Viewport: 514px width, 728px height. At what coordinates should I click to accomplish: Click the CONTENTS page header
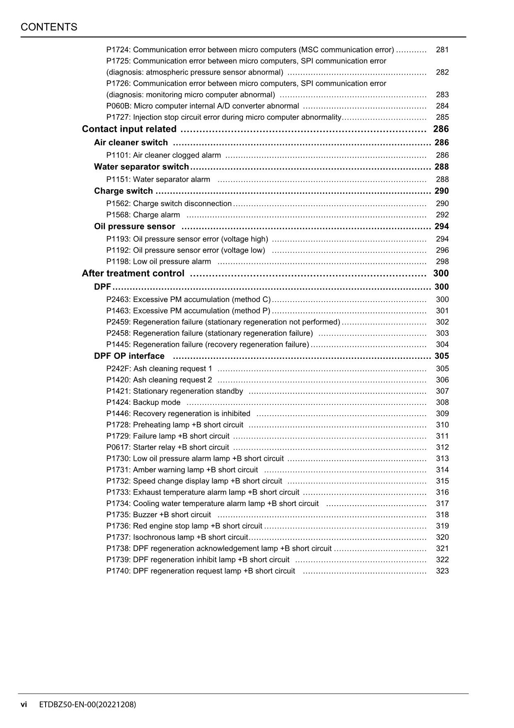(x=49, y=27)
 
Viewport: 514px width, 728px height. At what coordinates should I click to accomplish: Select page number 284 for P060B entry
(x=442, y=106)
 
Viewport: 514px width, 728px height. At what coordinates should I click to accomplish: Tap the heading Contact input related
(x=129, y=129)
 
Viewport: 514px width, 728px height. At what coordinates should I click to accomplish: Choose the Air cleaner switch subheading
(x=131, y=143)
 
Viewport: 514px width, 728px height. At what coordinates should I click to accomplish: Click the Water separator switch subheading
(x=141, y=167)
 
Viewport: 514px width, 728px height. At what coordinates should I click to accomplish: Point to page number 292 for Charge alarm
(x=442, y=215)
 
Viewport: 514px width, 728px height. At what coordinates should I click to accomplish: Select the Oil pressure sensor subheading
(x=135, y=226)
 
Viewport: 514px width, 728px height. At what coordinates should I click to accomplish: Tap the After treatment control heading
(x=133, y=273)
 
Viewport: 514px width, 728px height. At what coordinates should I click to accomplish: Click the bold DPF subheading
(x=102, y=287)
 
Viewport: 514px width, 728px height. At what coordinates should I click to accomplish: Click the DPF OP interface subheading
(x=129, y=356)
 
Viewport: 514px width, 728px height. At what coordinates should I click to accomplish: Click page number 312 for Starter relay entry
(x=442, y=447)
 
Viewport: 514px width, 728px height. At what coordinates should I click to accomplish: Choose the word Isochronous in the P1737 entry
(x=153, y=537)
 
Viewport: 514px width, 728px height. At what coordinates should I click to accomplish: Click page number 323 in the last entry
(x=442, y=571)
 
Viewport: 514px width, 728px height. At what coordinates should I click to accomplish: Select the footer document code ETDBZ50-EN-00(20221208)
(x=87, y=704)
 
